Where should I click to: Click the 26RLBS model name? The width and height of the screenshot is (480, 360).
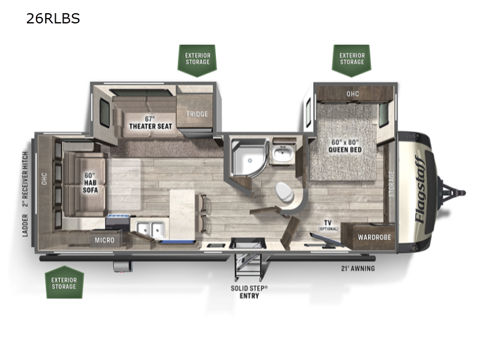tap(53, 19)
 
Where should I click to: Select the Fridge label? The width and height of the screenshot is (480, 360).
tap(196, 114)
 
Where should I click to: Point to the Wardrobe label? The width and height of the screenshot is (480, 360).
tap(374, 237)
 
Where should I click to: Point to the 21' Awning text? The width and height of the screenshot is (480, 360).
tap(358, 268)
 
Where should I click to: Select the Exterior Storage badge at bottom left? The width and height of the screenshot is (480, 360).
tap(64, 283)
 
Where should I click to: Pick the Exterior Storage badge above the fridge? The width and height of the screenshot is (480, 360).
tap(197, 59)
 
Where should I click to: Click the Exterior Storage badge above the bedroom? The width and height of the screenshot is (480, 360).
tap(352, 59)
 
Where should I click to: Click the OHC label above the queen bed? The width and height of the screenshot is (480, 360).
tap(352, 94)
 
